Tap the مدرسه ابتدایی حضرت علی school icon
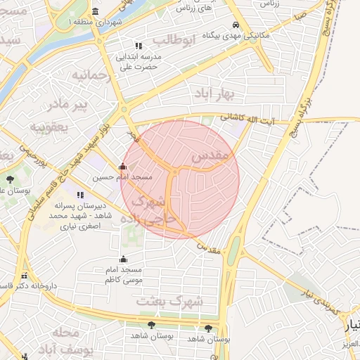(x=138, y=46)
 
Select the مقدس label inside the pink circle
(x=208, y=153)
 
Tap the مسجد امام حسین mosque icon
(x=124, y=167)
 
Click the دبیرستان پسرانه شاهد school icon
(x=79, y=195)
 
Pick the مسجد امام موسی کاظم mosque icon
(x=124, y=259)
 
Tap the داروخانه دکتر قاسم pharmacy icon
(x=25, y=276)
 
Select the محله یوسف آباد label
(x=60, y=340)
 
